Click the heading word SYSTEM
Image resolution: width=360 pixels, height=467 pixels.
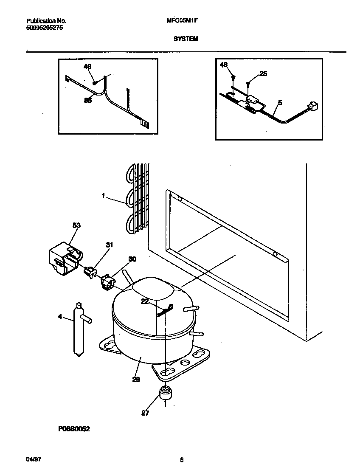click(x=186, y=38)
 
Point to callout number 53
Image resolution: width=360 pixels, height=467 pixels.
click(x=76, y=225)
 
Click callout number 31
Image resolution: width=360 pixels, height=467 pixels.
click(x=110, y=245)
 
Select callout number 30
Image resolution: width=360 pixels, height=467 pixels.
click(x=132, y=259)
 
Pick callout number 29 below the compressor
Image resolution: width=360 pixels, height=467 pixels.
click(x=136, y=380)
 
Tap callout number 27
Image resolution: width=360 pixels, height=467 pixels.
click(x=145, y=413)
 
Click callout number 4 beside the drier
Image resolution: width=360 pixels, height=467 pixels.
click(x=60, y=316)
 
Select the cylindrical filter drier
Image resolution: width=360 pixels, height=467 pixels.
click(x=79, y=329)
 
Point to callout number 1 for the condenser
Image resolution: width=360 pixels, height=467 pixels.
click(x=104, y=196)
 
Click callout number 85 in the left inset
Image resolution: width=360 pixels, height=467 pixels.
click(x=88, y=100)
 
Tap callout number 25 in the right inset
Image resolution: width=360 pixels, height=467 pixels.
click(x=263, y=73)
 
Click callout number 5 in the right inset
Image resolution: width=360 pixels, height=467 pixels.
click(x=280, y=102)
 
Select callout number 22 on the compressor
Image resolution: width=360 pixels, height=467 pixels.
click(x=145, y=301)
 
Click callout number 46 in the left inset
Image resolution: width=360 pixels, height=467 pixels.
click(x=87, y=67)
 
